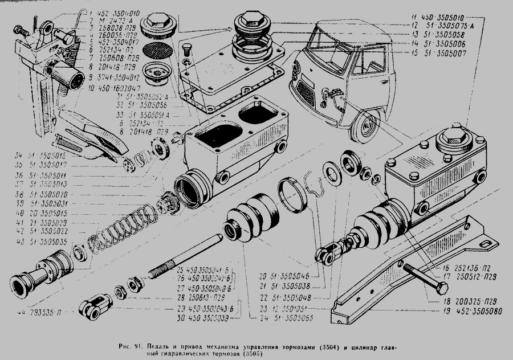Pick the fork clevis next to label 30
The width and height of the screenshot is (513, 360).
point(94,305)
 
